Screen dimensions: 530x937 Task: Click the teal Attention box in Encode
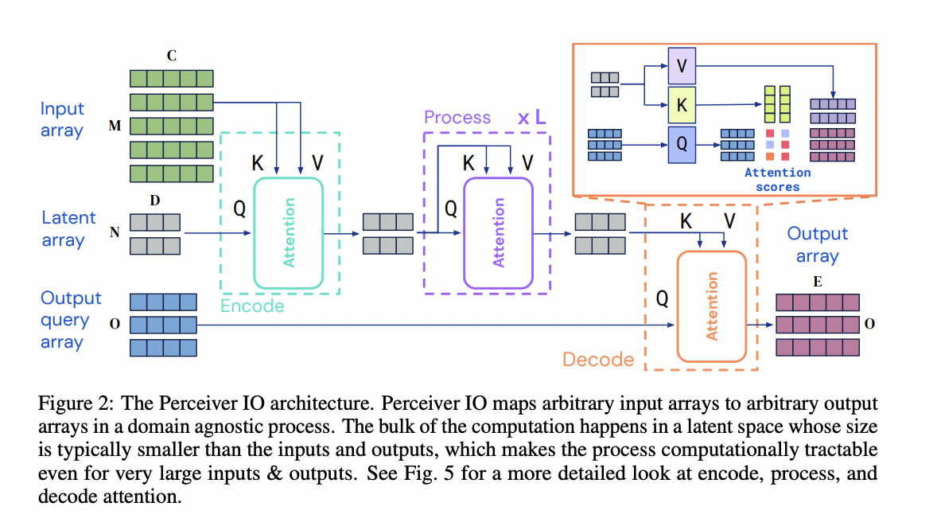(288, 232)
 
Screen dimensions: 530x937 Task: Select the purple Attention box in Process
(498, 232)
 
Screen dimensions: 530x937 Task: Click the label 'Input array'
(62, 119)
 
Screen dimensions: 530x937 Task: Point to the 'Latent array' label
(68, 228)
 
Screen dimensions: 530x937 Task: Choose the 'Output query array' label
(71, 320)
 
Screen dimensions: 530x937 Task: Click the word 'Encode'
(252, 306)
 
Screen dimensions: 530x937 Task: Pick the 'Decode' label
(598, 360)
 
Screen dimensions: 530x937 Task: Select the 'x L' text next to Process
(532, 118)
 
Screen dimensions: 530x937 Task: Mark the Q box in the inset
(682, 145)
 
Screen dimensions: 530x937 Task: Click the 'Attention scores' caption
(777, 179)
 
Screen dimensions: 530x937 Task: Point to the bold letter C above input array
(172, 56)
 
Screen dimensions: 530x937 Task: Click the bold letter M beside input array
(115, 128)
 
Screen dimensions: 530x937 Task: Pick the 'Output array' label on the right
(817, 244)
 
